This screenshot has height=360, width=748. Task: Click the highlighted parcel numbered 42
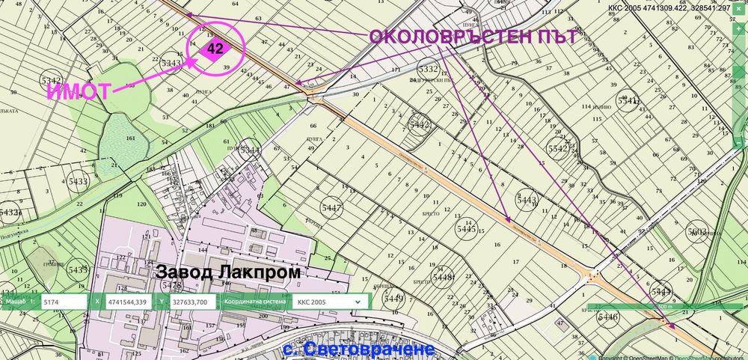click(215, 49)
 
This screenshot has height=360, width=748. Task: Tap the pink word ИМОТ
click(79, 92)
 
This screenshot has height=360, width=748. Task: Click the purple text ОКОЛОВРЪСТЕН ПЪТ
click(473, 37)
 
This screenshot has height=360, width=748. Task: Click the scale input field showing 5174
click(64, 302)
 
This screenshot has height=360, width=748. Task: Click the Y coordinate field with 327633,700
click(189, 302)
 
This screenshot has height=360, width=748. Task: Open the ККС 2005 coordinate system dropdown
click(329, 302)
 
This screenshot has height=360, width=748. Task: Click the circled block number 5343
click(171, 64)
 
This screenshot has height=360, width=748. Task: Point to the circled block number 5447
click(331, 207)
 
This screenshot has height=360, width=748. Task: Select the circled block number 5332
click(428, 69)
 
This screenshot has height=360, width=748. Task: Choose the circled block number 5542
click(558, 149)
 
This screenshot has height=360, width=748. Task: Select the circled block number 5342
click(51, 80)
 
